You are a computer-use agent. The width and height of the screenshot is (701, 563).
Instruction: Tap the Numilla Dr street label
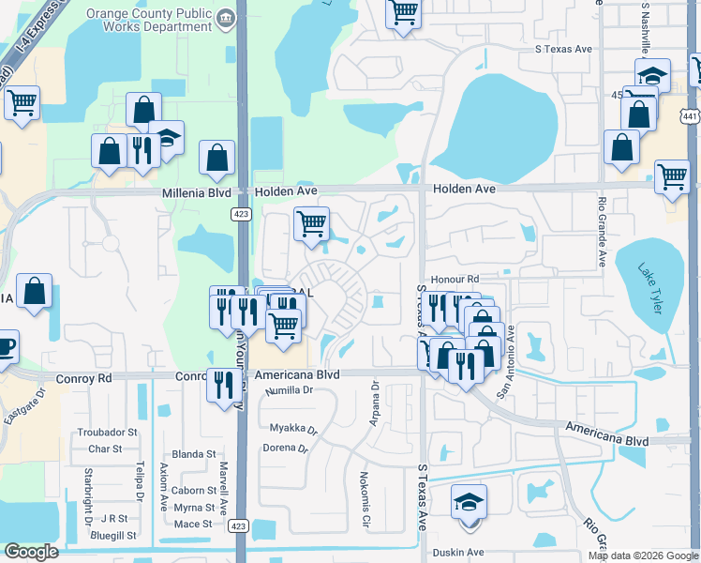(x=289, y=390)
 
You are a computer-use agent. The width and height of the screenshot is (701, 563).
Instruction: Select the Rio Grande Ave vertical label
(x=602, y=231)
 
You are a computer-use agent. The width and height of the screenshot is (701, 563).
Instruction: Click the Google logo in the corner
(x=31, y=552)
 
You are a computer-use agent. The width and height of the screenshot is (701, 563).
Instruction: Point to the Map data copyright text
(x=642, y=555)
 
